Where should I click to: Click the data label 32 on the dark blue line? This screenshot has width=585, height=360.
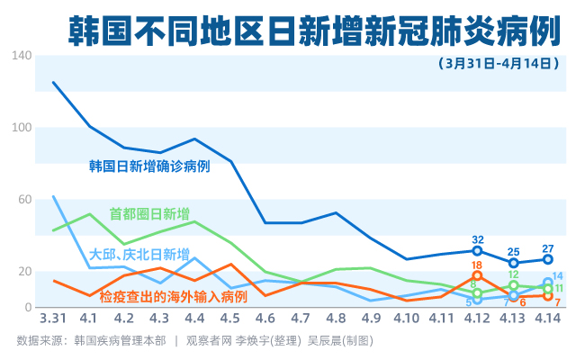click(x=478, y=239)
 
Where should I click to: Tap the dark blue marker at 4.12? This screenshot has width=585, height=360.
click(x=478, y=251)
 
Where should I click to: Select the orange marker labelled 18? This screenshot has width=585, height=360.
click(x=477, y=275)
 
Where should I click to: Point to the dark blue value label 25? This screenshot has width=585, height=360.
click(x=514, y=252)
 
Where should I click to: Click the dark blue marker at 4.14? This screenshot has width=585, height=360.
click(x=548, y=259)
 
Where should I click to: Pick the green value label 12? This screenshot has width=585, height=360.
click(x=513, y=274)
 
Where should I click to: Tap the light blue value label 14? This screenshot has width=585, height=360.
click(x=558, y=276)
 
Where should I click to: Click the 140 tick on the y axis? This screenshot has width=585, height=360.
click(x=22, y=56)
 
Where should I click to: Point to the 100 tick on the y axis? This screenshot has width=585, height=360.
click(x=22, y=128)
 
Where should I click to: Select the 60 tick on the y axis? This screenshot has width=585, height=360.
click(x=24, y=200)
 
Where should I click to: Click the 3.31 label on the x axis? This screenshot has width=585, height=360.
click(x=52, y=319)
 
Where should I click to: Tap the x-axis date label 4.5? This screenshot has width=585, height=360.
click(x=229, y=319)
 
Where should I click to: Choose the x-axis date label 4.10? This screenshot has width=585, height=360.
click(x=407, y=319)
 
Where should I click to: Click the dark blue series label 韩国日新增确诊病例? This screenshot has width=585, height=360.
click(x=149, y=166)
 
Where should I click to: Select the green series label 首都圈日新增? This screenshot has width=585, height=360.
click(x=149, y=214)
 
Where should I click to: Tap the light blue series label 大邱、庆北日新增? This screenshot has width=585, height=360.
click(x=140, y=253)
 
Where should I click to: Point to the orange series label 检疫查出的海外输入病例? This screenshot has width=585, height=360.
click(x=173, y=295)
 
